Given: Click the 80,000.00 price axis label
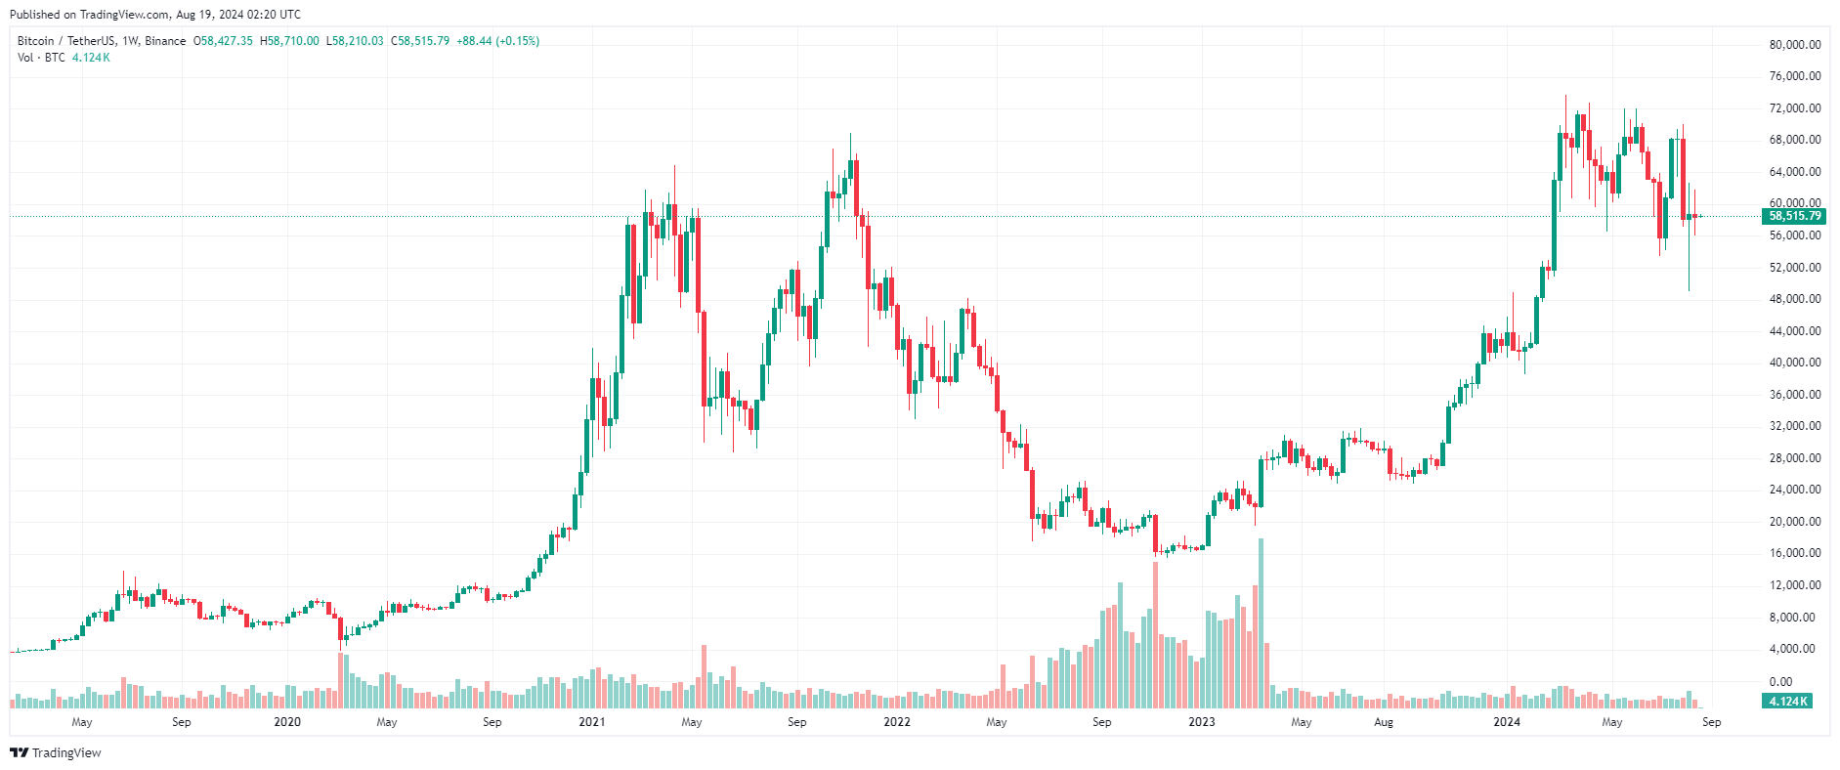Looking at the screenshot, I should (1794, 45).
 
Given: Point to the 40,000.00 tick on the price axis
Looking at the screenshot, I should (1794, 363).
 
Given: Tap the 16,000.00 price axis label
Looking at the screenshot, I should (1794, 553).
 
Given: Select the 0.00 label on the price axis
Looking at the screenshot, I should (1780, 682).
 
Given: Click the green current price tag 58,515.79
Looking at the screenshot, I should (1794, 216).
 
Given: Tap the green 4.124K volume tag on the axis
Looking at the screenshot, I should (1787, 702).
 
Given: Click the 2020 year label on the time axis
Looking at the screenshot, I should (287, 722).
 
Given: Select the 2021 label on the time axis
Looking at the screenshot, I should (592, 722).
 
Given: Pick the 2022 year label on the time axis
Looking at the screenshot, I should (897, 722).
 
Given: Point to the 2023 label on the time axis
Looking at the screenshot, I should (1202, 722).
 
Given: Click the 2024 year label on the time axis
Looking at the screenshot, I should (1507, 722).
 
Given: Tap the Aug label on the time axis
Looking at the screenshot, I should (1384, 722).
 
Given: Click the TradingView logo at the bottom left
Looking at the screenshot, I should (56, 752).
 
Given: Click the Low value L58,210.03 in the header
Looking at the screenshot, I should (355, 41).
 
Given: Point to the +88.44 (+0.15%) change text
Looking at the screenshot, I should (498, 41).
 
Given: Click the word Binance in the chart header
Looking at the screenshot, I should (165, 41).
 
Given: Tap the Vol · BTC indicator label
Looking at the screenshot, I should (41, 58).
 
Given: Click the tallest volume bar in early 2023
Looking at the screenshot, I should (1261, 623).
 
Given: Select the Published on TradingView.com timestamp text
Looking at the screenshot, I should (155, 15).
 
